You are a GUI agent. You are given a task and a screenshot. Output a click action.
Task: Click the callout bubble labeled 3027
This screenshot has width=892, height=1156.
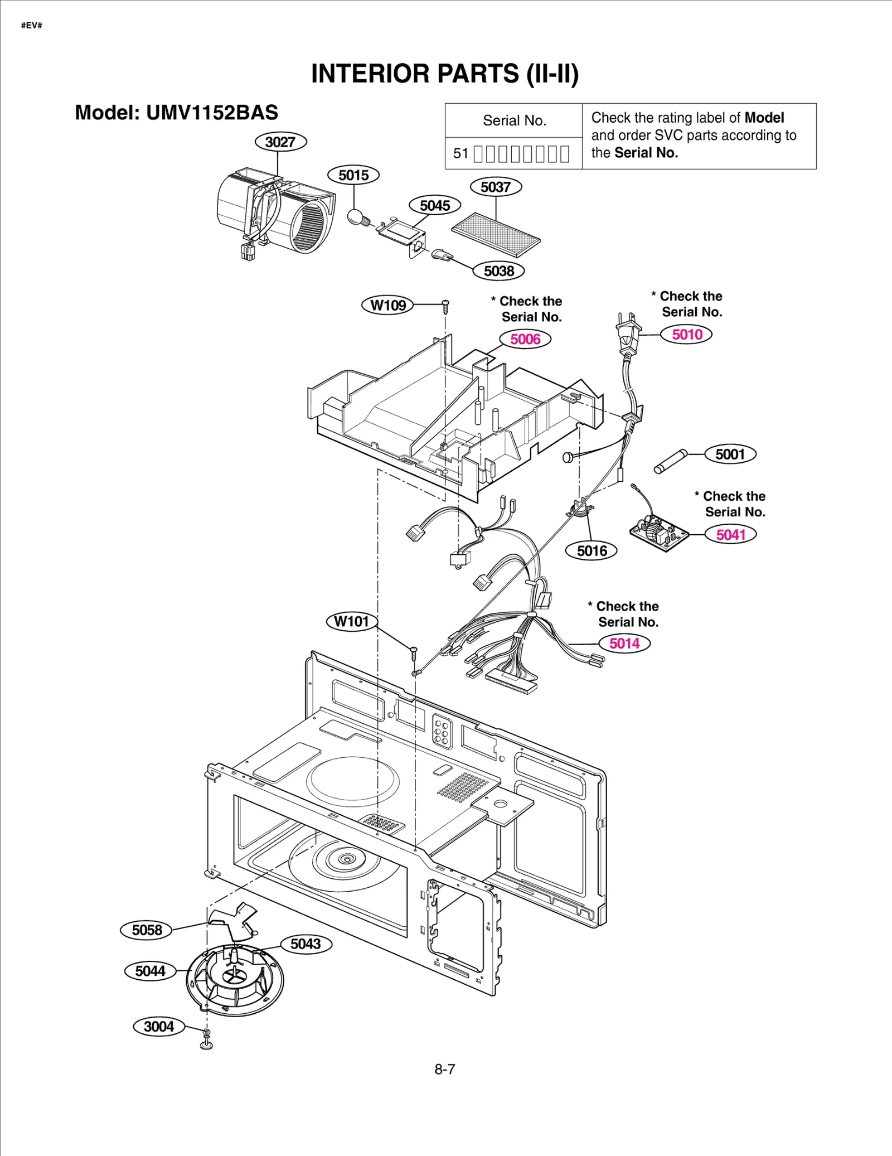(280, 142)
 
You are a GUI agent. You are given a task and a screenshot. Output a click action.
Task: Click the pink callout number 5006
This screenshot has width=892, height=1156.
(525, 339)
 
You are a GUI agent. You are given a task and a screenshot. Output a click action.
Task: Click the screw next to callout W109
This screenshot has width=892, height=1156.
(445, 305)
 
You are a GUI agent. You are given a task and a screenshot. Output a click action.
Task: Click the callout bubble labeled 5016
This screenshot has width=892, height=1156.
(592, 551)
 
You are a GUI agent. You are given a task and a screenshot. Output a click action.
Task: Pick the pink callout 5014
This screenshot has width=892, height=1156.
(624, 643)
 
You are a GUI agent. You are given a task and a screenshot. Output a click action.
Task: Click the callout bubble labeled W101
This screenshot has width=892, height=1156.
(352, 621)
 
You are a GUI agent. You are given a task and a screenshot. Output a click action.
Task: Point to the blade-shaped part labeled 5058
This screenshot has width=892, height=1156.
(231, 923)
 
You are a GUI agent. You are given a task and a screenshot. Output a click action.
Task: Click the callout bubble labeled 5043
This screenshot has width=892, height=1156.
(306, 944)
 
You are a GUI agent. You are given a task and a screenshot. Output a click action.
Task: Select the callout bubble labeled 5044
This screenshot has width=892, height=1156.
(150, 971)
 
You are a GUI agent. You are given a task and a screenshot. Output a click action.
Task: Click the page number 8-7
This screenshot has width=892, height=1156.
(445, 1069)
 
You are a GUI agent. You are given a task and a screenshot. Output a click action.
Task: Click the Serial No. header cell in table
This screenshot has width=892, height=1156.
(514, 120)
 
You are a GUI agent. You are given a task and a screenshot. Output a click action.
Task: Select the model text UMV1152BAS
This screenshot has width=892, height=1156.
(212, 113)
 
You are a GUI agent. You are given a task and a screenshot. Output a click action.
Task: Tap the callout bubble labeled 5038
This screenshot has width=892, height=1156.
(498, 271)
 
